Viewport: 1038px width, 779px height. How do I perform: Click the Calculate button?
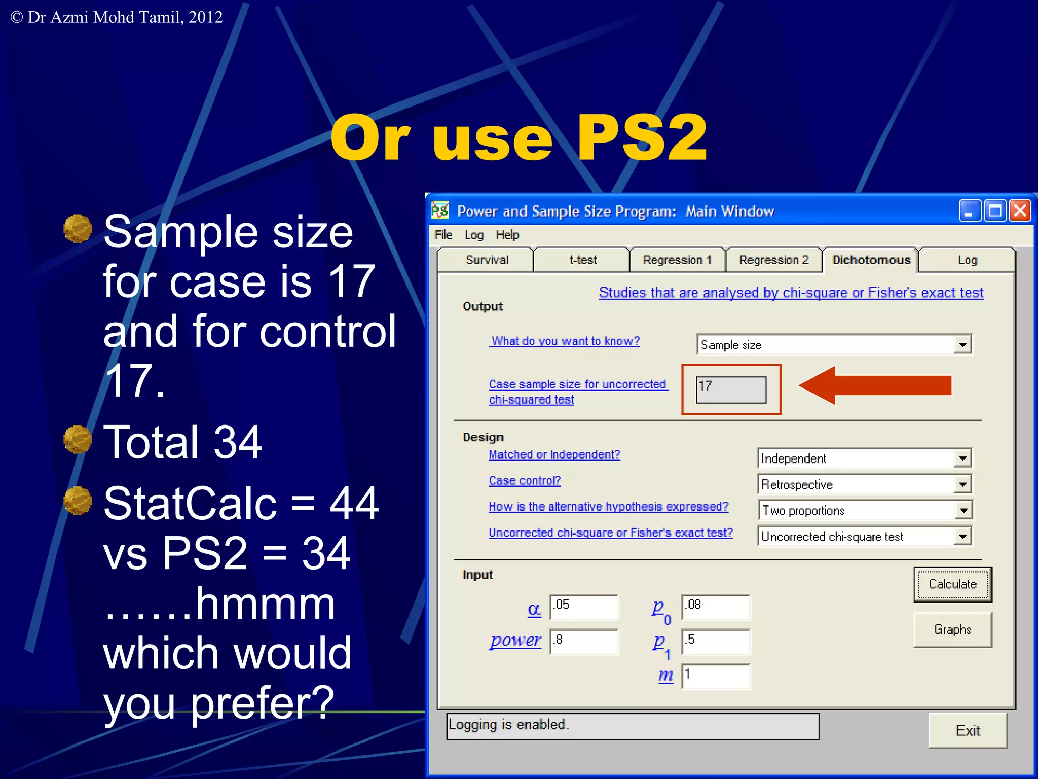tap(952, 584)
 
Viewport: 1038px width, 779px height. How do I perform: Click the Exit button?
tap(967, 730)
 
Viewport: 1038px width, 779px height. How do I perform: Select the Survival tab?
tap(487, 260)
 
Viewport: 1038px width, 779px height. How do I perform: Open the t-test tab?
tap(582, 260)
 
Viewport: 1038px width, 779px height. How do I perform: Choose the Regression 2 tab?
tap(773, 260)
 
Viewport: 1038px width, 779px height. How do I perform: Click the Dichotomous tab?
tap(871, 260)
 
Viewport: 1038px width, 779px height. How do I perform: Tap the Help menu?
tap(507, 235)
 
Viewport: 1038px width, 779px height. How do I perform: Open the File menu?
tap(443, 235)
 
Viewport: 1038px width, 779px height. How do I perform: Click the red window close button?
tap(1020, 210)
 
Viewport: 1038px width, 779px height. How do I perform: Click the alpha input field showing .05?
tap(584, 607)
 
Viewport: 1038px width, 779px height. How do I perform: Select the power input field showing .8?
tap(584, 641)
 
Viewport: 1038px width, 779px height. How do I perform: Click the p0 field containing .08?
tap(715, 607)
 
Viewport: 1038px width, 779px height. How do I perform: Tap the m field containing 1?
tap(715, 676)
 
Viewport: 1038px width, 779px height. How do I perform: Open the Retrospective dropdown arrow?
tap(962, 484)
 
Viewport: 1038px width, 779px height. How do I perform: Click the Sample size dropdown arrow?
tap(962, 345)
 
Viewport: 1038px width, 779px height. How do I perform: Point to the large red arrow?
tap(875, 385)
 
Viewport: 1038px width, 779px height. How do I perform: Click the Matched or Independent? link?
tap(554, 454)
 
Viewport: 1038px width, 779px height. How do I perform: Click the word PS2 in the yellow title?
tap(641, 138)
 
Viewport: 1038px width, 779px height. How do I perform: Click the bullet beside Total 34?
tap(78, 439)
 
